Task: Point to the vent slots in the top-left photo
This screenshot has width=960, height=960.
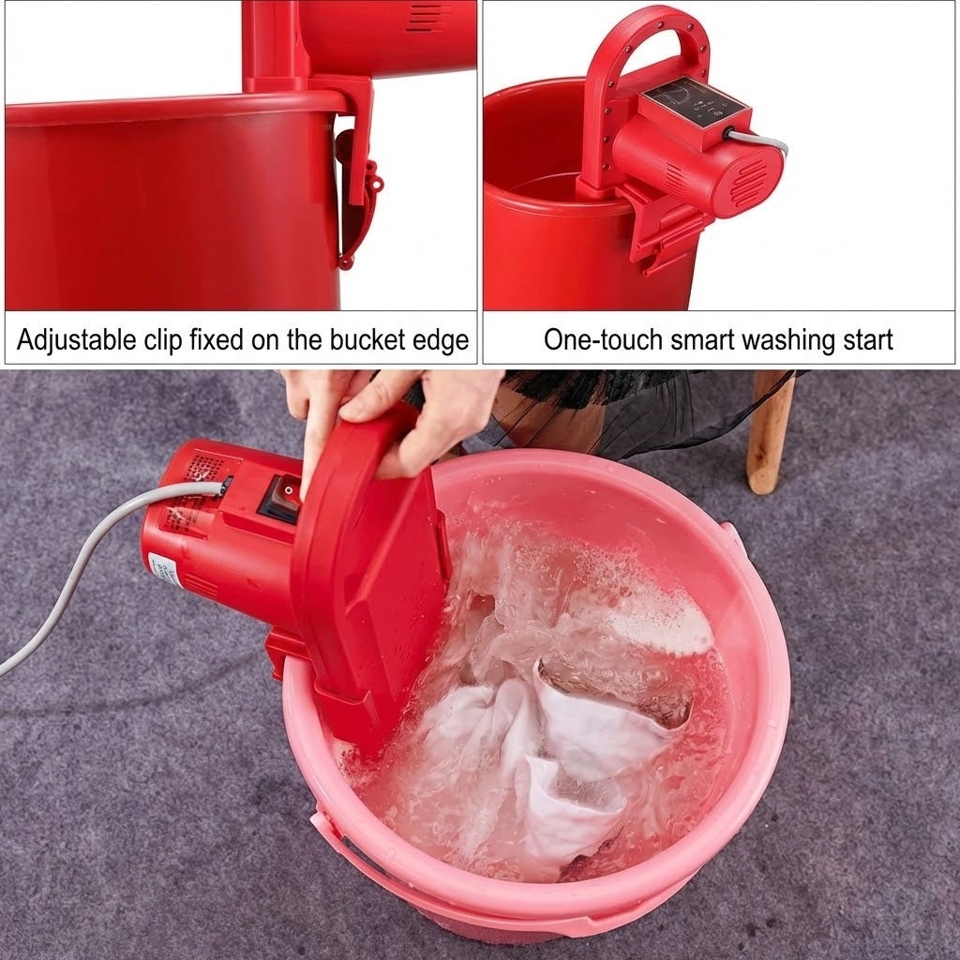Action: click(x=427, y=16)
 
